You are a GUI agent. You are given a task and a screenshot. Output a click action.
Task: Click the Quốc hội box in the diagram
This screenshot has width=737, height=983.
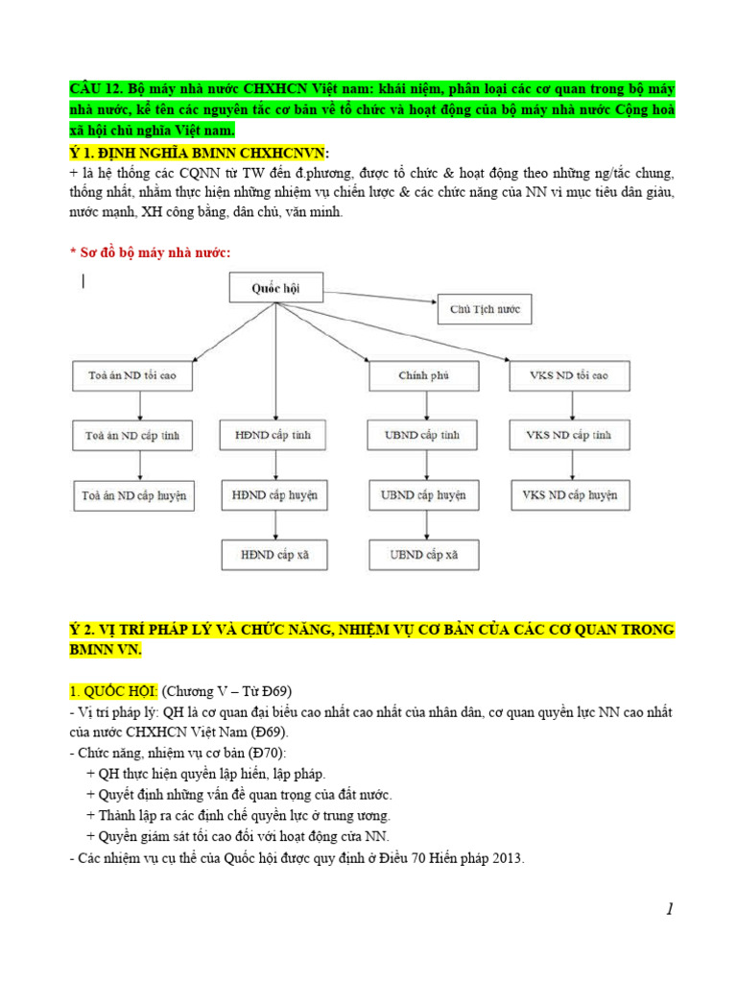(275, 288)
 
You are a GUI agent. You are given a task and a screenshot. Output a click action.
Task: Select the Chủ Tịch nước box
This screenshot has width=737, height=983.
(484, 310)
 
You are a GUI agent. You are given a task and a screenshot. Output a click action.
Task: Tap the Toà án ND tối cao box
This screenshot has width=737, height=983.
(131, 375)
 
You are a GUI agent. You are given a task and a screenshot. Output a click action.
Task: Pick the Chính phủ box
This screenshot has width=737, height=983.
(423, 375)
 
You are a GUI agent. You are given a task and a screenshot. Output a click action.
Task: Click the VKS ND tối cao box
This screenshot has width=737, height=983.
(569, 375)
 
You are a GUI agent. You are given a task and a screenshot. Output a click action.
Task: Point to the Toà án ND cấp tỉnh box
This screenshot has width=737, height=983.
(131, 436)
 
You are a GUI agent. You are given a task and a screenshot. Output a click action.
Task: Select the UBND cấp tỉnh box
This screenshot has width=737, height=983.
(423, 436)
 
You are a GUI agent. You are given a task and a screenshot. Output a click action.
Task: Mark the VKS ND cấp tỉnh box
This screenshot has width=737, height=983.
(569, 436)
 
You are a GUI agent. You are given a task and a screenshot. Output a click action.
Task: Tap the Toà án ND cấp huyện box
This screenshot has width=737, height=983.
(132, 496)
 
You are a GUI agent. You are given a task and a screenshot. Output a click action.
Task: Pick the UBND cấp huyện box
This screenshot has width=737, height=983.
(423, 496)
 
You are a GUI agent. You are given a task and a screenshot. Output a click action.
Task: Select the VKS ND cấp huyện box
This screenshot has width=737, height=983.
(569, 496)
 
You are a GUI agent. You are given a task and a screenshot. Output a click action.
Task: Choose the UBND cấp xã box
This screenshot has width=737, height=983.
(423, 555)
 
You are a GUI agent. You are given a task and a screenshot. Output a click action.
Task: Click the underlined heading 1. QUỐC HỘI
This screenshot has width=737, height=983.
(113, 691)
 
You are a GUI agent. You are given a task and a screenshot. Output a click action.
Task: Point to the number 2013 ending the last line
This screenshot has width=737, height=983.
(507, 858)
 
